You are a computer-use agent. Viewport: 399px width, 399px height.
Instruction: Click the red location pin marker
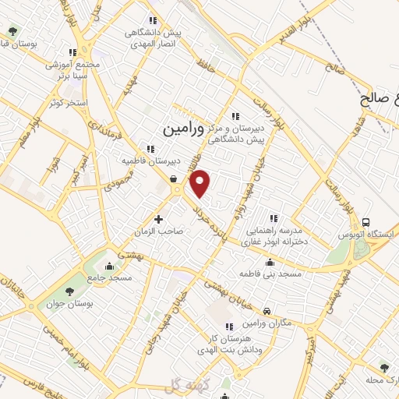tap(201, 183)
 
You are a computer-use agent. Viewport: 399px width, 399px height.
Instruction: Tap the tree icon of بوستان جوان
tap(70, 291)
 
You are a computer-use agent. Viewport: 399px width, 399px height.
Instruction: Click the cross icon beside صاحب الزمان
tap(159, 219)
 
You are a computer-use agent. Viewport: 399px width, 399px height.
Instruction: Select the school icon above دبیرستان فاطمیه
tap(150, 149)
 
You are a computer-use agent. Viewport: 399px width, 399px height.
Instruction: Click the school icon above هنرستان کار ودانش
tap(228, 327)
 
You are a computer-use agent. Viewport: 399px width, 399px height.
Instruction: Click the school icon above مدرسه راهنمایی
tap(273, 217)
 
